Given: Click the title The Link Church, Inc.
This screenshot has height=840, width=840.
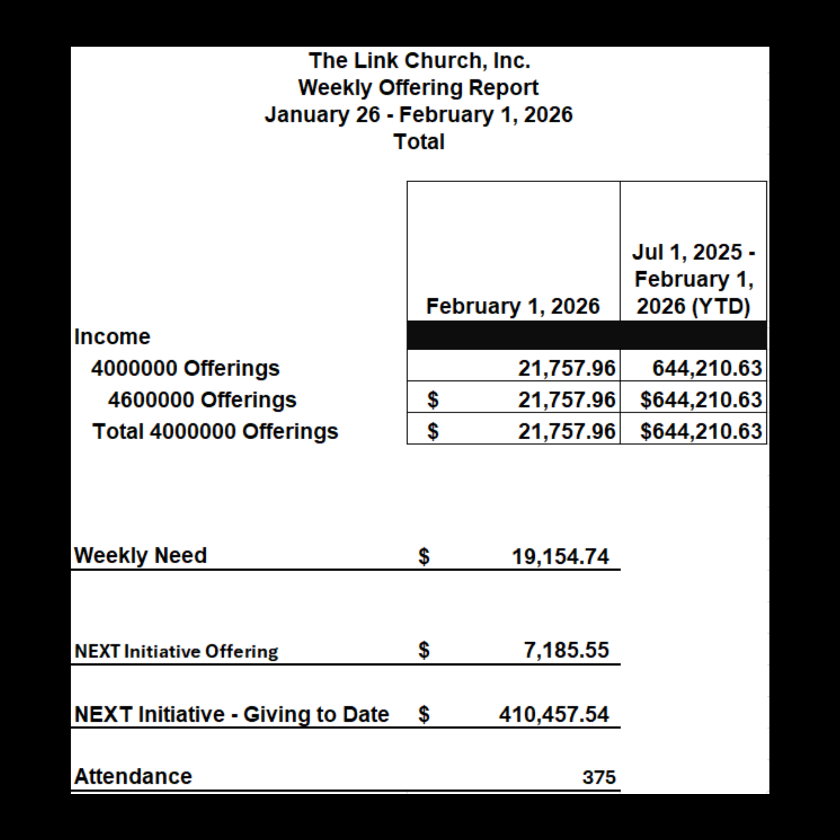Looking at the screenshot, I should (419, 60).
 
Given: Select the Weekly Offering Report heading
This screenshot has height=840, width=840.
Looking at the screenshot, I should (418, 88).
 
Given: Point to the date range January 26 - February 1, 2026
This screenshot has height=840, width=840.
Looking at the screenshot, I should (419, 115).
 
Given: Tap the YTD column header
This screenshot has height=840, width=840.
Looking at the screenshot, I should (693, 279).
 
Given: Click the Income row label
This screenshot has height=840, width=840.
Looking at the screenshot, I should (112, 336).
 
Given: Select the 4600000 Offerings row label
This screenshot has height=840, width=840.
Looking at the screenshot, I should (202, 399).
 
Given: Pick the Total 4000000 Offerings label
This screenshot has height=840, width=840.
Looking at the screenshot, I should (215, 431).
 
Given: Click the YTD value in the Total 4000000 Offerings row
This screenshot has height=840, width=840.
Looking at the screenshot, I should (701, 431).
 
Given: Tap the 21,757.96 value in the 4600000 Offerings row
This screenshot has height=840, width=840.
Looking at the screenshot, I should (567, 399).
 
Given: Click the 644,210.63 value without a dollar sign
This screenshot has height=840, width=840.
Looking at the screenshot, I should (707, 368).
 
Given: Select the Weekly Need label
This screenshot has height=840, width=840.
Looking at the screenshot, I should (140, 555).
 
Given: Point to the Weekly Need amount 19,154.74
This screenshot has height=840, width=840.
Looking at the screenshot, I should (560, 556).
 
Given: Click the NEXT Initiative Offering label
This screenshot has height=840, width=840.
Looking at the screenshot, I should (176, 651).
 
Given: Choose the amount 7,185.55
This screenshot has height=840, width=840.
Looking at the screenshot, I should (566, 651).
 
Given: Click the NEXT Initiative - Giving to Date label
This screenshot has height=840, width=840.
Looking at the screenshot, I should (231, 714).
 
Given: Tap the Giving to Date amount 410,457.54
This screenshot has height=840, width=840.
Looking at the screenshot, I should (554, 714).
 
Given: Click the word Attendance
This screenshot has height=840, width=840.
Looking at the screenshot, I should (133, 777).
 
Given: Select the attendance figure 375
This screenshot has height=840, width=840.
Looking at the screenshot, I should (599, 777).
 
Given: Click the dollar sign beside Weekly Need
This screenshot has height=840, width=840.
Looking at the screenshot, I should (424, 556).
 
